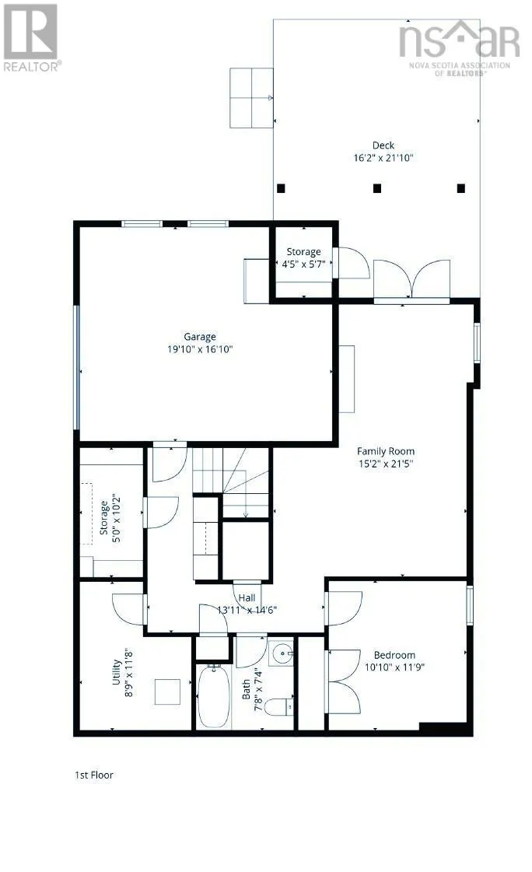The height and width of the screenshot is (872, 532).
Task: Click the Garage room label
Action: point(200,337)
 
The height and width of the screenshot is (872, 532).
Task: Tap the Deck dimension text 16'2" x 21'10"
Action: point(383,158)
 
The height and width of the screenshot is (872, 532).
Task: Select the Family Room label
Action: point(385,451)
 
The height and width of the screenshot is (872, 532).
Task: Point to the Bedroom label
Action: point(394,655)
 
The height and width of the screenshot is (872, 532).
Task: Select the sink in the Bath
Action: point(282,651)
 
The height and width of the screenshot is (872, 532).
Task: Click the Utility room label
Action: point(116,672)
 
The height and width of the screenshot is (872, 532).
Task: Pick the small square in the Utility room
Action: point(167,692)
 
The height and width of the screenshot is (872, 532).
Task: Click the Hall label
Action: point(247,598)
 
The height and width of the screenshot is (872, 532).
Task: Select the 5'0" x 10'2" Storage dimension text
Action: point(117,518)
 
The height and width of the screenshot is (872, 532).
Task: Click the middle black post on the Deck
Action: point(377,188)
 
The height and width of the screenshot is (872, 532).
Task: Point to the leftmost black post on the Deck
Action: point(281,188)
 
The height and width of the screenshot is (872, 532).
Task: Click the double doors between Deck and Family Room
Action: point(411,281)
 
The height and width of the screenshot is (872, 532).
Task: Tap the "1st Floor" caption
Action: point(94,775)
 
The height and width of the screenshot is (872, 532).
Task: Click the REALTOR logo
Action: point(31,38)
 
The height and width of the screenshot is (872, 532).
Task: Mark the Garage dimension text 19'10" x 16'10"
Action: point(200,349)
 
